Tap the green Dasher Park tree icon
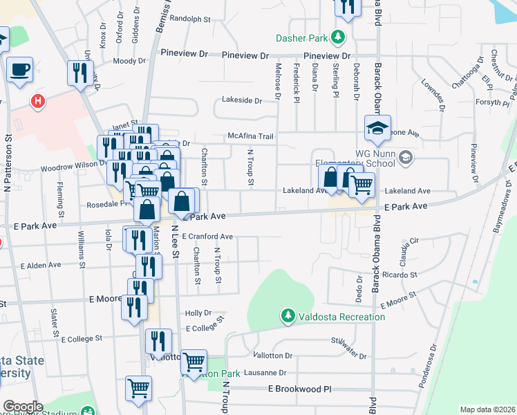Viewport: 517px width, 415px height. pyautogui.click(x=338, y=37)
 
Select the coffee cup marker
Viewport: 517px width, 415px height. pyautogui.click(x=21, y=70)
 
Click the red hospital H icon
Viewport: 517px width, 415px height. pyautogui.click(x=38, y=101)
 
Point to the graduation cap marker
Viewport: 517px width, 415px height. pyautogui.click(x=378, y=129)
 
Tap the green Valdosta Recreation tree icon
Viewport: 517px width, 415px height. pyautogui.click(x=288, y=316)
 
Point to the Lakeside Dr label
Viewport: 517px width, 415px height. pyautogui.click(x=242, y=100)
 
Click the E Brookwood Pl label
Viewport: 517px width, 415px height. pyautogui.click(x=300, y=389)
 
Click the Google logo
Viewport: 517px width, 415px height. pyautogui.click(x=22, y=407)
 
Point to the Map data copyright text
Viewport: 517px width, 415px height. pyautogui.click(x=487, y=409)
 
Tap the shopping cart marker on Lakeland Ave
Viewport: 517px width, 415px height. pyautogui.click(x=361, y=185)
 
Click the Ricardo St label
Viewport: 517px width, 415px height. pyautogui.click(x=399, y=275)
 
